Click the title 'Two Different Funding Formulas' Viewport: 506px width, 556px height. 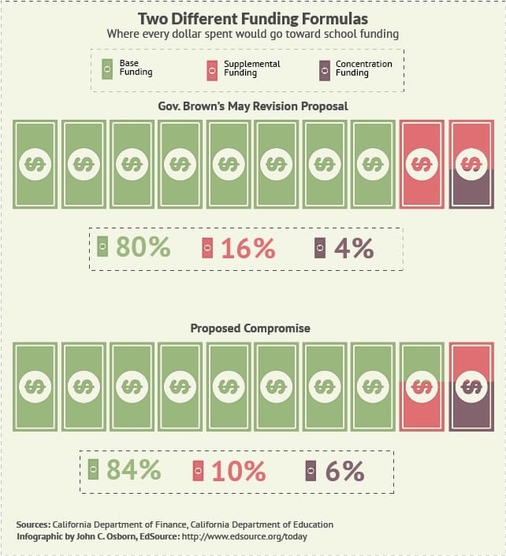pos(253,17)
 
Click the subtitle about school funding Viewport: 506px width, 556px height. pos(253,34)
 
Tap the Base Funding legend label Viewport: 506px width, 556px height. pos(136,68)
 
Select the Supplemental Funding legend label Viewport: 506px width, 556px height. pos(251,68)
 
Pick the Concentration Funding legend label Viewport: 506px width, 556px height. pos(363,68)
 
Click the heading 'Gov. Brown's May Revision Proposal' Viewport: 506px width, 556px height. pos(253,106)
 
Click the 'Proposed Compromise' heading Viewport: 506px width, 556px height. pos(251,328)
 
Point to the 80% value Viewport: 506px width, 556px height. pos(143,247)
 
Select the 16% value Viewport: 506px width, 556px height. pos(247,248)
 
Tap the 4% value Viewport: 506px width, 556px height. pos(354,247)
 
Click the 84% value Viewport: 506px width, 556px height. pos(133,470)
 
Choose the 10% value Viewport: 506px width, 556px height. pos(238,471)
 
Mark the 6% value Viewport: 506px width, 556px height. pos(344,471)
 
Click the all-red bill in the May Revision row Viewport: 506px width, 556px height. pos(422,164)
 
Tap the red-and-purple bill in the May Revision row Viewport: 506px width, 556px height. pos(471,164)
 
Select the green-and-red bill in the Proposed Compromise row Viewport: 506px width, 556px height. pos(422,387)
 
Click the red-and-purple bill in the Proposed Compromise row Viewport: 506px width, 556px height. pos(471,387)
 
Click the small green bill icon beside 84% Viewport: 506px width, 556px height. pos(93,470)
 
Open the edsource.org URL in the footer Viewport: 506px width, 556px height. pos(245,536)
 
